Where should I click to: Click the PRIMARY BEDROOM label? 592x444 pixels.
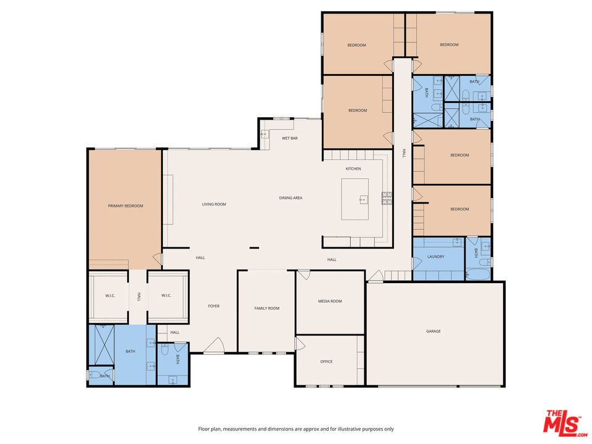125,206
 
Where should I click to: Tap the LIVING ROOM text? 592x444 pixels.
214,204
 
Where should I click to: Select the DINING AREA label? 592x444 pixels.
290,198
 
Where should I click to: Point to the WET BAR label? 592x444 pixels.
290,138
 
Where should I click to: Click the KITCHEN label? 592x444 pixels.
353,168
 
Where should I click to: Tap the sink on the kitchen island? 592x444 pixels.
364,199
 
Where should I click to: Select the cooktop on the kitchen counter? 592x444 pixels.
387,198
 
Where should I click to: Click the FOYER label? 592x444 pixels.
213,306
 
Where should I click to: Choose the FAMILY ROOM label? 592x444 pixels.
267,308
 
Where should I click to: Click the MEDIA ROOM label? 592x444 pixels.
330,301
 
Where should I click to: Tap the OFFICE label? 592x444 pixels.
326,361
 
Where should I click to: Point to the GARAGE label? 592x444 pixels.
434,331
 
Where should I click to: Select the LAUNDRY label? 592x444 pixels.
436,257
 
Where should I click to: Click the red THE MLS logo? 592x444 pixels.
562,422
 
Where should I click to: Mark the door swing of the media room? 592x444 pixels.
303,275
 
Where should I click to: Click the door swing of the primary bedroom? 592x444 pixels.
158,260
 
